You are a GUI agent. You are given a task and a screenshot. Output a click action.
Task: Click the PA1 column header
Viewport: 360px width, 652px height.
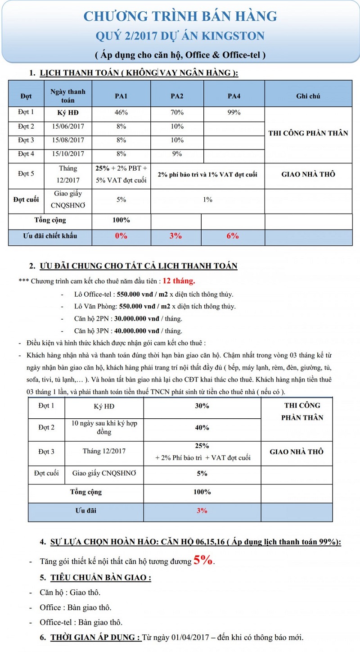coord(121,96)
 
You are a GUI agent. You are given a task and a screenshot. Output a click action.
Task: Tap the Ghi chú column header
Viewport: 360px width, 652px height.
coord(308,96)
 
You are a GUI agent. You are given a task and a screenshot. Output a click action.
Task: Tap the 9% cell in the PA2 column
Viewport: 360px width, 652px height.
coord(177,154)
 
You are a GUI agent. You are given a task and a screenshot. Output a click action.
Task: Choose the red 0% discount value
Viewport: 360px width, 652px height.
coord(121,235)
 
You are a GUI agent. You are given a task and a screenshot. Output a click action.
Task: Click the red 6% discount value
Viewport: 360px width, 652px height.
coord(232,235)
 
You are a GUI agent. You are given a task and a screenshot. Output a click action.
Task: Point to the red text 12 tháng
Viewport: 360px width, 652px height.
coord(179,281)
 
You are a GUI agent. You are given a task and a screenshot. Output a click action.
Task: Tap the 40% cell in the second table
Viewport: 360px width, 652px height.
coord(202,428)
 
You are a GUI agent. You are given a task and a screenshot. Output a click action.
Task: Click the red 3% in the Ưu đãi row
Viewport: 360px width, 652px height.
coord(202,511)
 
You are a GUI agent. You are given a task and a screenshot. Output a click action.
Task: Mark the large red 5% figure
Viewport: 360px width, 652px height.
coord(203,560)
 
